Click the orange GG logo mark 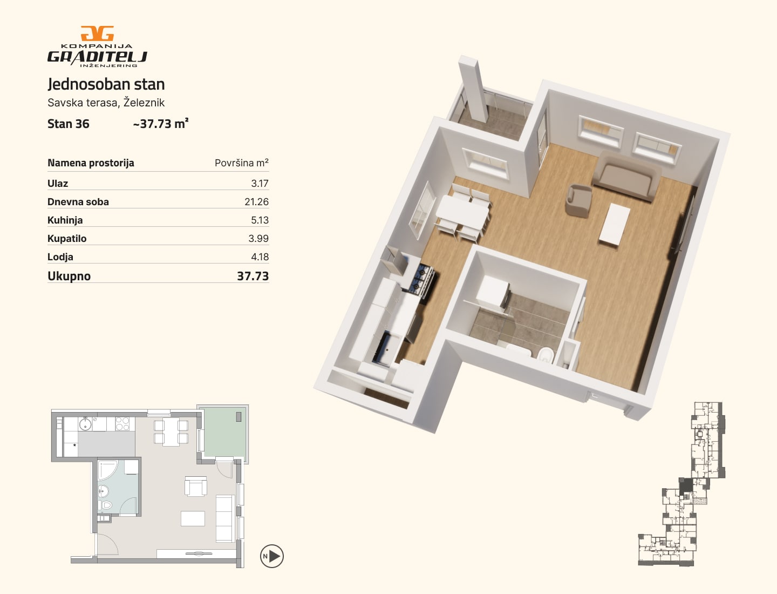point(97,33)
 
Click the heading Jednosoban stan point(106,84)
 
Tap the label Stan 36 point(69,124)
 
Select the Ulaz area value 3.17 point(260,184)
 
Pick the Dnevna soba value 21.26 point(257,202)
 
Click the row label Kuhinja point(65,220)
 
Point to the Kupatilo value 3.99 point(258,238)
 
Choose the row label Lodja point(60,257)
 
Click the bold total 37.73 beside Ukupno point(253,276)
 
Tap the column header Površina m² point(241,163)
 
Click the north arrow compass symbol point(272,556)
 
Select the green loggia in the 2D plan point(224,432)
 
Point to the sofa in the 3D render point(626,175)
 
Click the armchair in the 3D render point(578,200)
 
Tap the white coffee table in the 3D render point(615,225)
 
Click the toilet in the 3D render point(545,355)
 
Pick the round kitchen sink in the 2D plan point(85,423)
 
